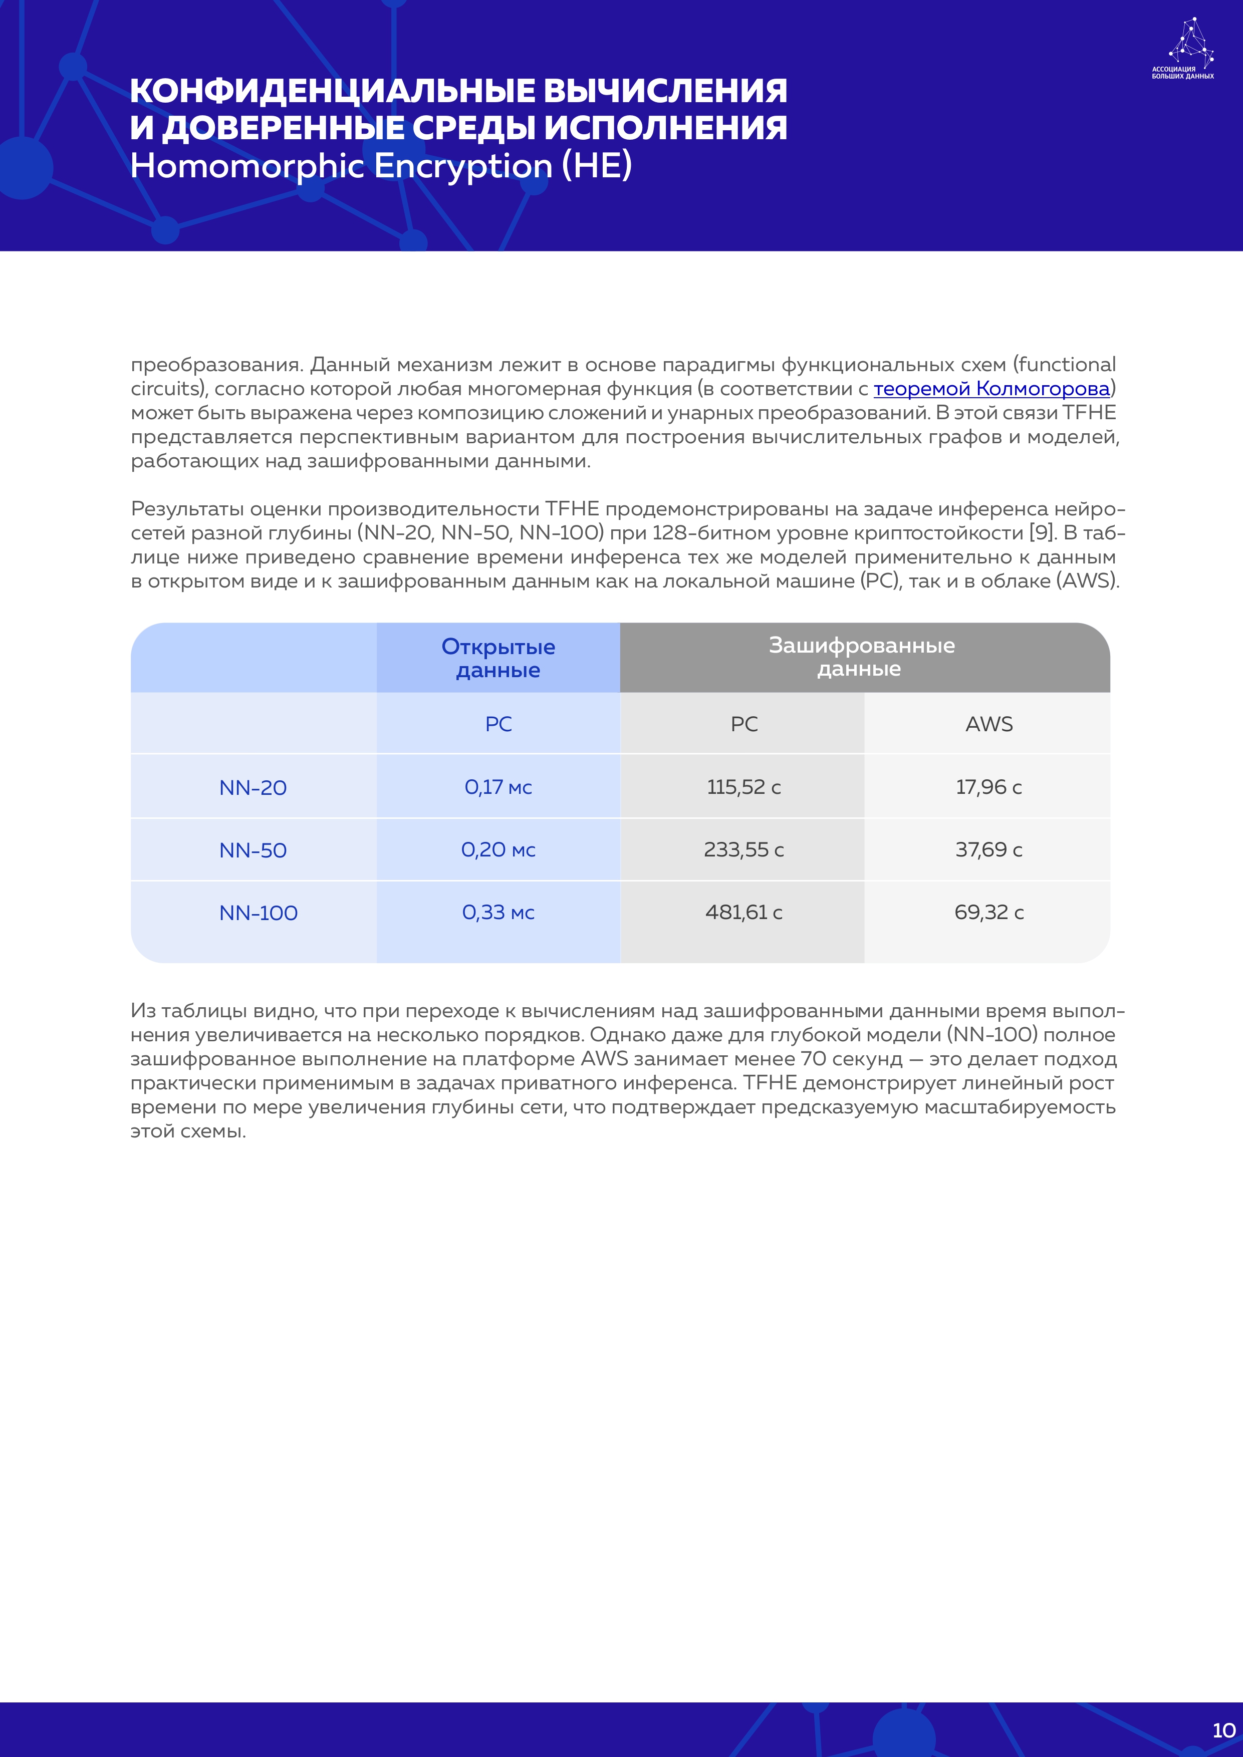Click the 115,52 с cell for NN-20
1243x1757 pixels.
pos(743,787)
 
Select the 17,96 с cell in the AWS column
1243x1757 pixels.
pos(988,787)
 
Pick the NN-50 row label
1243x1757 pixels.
pos(253,850)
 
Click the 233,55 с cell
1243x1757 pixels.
pos(743,849)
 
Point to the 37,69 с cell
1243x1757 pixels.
pos(988,849)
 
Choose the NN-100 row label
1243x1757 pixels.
pos(258,913)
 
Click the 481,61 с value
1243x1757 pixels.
pos(743,912)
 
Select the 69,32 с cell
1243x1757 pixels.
pos(988,912)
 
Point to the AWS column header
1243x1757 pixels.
pos(988,724)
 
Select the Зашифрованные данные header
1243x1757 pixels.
pos(861,657)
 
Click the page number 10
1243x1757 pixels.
pos(1223,1730)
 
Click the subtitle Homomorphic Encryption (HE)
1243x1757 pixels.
pos(380,166)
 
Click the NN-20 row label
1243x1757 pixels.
pos(253,787)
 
